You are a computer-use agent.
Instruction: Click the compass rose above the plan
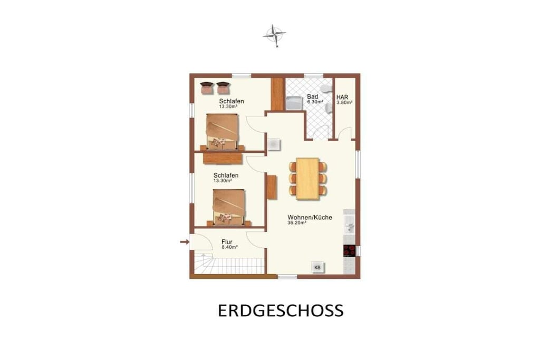pyautogui.click(x=274, y=34)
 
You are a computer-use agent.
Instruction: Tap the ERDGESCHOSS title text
pyautogui.click(x=281, y=310)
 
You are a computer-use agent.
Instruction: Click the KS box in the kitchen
pyautogui.click(x=317, y=267)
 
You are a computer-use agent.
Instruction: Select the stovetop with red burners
pyautogui.click(x=349, y=250)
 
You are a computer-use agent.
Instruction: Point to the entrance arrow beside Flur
pyautogui.click(x=185, y=242)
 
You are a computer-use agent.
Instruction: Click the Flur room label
pyautogui.click(x=227, y=242)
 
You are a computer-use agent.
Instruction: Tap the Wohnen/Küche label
pyautogui.click(x=310, y=218)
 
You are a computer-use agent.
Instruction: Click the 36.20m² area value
pyautogui.click(x=297, y=222)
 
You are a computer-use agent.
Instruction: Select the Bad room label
pyautogui.click(x=312, y=96)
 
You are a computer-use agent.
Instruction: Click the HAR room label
pyautogui.click(x=342, y=98)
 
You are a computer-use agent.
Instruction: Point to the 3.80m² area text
pyautogui.click(x=344, y=103)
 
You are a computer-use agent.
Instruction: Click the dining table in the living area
pyautogui.click(x=307, y=178)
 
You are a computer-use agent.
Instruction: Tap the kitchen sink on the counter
pyautogui.click(x=350, y=226)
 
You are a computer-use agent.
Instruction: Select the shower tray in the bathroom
pyautogui.click(x=294, y=103)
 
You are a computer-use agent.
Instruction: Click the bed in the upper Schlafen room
pyautogui.click(x=222, y=131)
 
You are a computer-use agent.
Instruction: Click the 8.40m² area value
pyautogui.click(x=230, y=247)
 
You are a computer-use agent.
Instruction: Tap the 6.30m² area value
pyautogui.click(x=315, y=102)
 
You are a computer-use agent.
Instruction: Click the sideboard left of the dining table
pyautogui.click(x=272, y=187)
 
